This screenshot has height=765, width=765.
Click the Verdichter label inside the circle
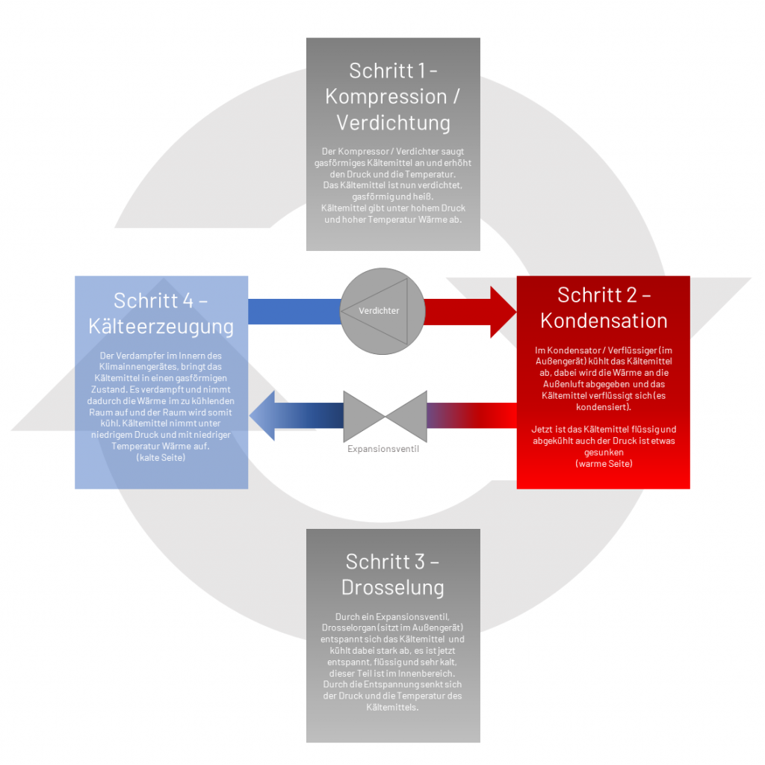pos(379,311)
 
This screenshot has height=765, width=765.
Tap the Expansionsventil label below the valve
pos(383,449)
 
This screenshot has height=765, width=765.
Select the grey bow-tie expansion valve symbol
pos(385,416)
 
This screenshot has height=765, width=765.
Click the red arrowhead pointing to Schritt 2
pos(503,312)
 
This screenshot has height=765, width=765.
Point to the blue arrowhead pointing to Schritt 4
pos(262,415)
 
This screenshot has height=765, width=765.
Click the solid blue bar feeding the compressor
pos(294,312)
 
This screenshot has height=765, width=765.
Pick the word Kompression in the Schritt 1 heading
pos(386,96)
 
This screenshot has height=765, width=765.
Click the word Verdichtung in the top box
pos(393,123)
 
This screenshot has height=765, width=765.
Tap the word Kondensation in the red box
pos(604,321)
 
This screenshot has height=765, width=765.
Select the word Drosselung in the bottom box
pos(393,587)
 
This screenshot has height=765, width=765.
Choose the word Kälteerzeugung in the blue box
pos(161,327)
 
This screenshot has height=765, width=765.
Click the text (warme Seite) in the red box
pos(604,463)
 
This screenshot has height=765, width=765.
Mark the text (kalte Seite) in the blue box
pos(161,458)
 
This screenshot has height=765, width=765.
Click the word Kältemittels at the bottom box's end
pos(393,707)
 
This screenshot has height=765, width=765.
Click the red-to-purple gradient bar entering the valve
pos(472,415)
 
